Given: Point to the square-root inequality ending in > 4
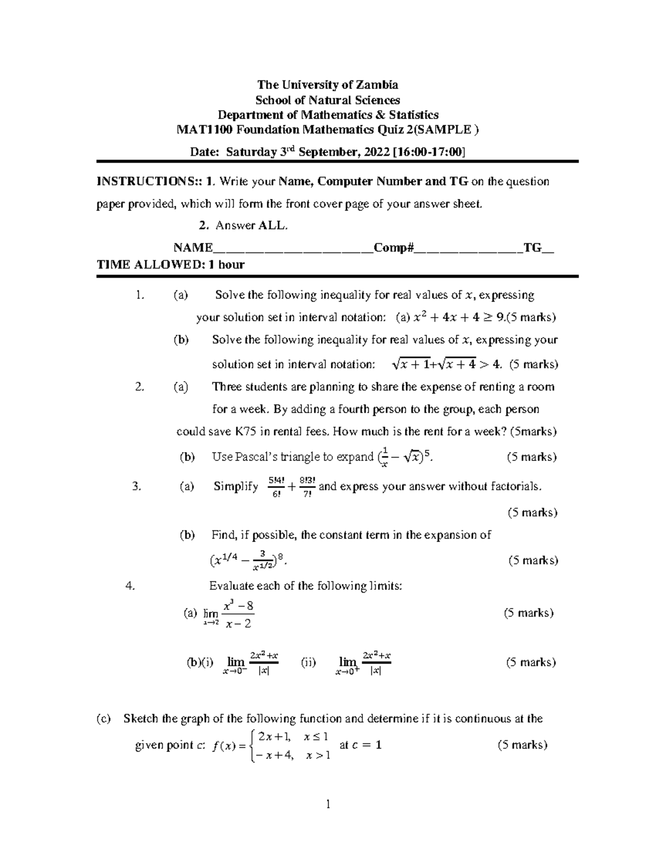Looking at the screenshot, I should click(x=446, y=364).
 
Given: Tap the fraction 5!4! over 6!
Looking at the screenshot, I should click(x=276, y=487).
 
